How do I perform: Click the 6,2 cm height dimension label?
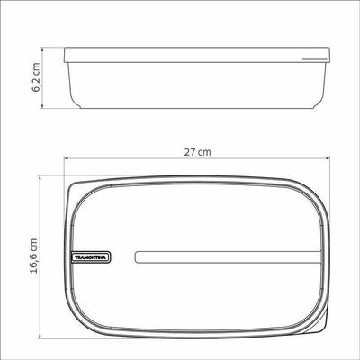coord(36,76)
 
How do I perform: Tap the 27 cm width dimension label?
coord(197,152)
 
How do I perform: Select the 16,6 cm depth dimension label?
coord(33,256)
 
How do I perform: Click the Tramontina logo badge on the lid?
coord(91,257)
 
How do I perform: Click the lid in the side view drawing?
coord(197,55)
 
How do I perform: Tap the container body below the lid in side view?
coord(197,85)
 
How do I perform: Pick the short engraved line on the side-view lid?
coord(314,59)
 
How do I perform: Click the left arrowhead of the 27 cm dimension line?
coord(66,159)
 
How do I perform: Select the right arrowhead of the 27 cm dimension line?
coord(328,159)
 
